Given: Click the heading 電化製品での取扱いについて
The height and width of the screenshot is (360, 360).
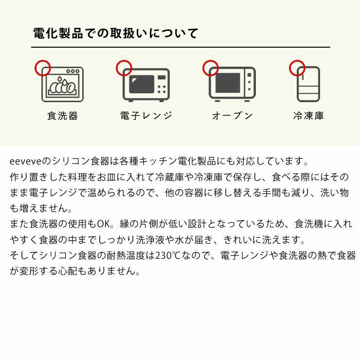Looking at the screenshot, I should [x=116, y=34].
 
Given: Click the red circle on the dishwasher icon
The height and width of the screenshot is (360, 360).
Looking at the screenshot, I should [x=43, y=68].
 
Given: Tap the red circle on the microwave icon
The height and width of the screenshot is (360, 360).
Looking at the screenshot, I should [x=124, y=68].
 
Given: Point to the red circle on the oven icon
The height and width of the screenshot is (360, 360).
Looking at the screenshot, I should [x=211, y=68].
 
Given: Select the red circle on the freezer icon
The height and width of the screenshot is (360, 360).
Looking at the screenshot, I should [x=297, y=68].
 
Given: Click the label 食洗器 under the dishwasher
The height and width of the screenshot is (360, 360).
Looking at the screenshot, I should [x=62, y=116].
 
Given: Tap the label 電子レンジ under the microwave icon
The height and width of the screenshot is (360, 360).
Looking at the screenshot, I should [x=146, y=116].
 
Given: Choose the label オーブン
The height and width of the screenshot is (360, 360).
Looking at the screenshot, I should [x=232, y=116].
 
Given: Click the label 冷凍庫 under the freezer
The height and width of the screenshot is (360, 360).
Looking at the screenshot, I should [x=308, y=116].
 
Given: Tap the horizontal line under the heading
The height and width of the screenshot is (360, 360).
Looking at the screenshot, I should [x=180, y=47].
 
